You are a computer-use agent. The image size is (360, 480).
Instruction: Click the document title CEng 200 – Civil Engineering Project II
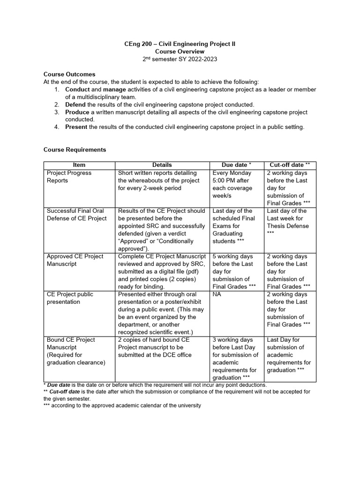tap(180, 44)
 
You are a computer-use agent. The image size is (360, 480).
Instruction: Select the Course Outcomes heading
tap(69, 74)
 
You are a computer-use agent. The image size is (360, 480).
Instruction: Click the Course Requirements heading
tap(75, 150)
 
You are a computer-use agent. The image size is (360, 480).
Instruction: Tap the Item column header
tap(79, 165)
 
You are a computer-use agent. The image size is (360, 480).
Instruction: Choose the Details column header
tap(162, 165)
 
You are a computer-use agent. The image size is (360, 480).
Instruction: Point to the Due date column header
tap(236, 165)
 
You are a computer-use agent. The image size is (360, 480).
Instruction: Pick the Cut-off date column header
tap(290, 165)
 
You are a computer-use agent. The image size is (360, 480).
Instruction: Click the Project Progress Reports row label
tap(69, 177)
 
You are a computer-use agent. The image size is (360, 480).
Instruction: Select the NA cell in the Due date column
tap(217, 294)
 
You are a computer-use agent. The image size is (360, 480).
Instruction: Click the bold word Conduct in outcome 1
tap(77, 90)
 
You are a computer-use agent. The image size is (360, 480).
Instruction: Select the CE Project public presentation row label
tap(70, 298)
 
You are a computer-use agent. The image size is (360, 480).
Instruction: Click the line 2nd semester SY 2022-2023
tap(180, 60)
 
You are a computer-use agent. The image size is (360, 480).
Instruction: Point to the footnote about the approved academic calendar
tap(122, 405)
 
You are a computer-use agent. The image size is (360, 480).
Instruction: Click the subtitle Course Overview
tap(180, 52)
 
